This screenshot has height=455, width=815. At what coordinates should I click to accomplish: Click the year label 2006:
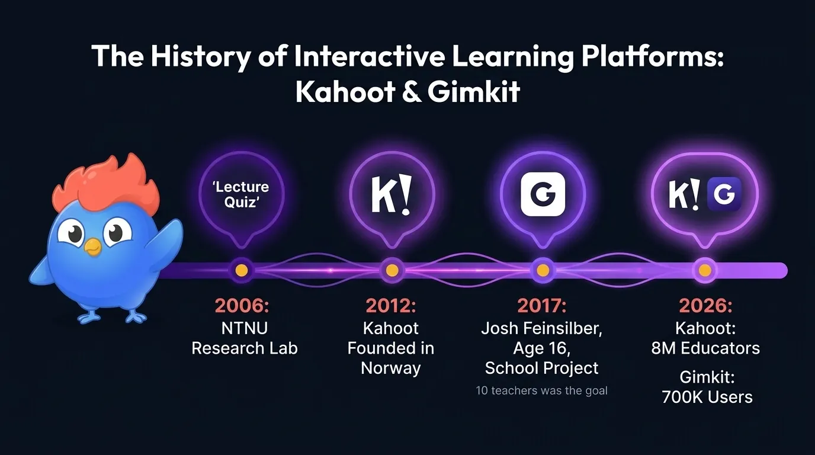click(x=241, y=306)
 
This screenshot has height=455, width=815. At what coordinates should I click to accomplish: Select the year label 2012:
click(x=391, y=306)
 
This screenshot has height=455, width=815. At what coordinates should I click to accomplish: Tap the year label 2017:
click(x=542, y=306)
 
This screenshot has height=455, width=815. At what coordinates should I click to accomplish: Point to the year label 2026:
click(x=705, y=306)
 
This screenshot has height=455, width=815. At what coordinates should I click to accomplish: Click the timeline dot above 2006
click(x=241, y=270)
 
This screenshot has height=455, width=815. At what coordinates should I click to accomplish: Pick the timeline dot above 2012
click(x=392, y=270)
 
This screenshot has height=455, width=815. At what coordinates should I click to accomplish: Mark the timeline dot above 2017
click(x=543, y=270)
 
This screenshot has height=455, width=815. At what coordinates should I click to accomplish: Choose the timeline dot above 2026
click(x=705, y=270)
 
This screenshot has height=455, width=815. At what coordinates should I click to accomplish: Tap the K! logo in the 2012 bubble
click(x=392, y=194)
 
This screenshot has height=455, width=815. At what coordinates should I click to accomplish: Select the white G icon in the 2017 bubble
click(x=543, y=194)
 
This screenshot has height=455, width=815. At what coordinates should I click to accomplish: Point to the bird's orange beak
click(x=92, y=247)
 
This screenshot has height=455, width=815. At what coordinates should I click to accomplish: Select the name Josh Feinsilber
click(x=542, y=328)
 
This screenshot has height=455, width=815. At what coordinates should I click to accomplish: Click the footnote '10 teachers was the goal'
click(x=542, y=391)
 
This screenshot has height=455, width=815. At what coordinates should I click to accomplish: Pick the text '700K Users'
click(x=707, y=397)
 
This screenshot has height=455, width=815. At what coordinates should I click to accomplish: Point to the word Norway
click(x=391, y=368)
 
